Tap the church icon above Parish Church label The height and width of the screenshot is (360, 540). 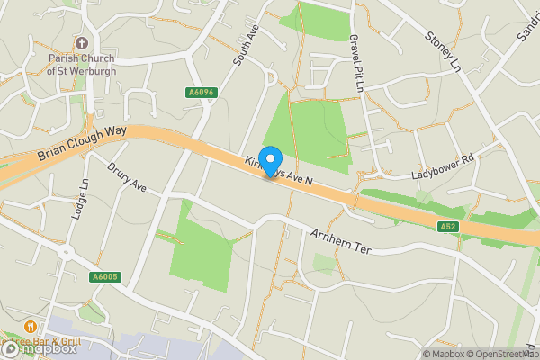point(82,42)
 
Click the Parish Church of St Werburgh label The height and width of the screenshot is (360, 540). point(82,63)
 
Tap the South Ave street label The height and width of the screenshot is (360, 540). point(245,48)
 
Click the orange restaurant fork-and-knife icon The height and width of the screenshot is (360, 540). point(31,326)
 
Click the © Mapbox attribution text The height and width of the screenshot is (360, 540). point(442,354)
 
